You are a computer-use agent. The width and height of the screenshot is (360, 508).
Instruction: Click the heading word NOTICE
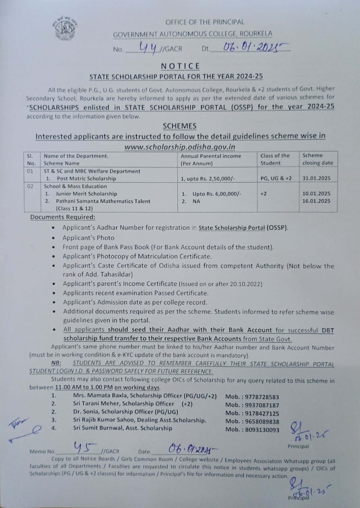[x=180, y=66]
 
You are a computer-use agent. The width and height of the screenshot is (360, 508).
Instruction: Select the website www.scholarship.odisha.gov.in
[x=180, y=146]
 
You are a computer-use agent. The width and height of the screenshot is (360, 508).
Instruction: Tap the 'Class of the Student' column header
[x=275, y=159]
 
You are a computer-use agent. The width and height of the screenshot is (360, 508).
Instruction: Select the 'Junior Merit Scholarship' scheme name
[x=86, y=194]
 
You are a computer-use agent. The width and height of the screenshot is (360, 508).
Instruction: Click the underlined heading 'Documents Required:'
[x=63, y=217]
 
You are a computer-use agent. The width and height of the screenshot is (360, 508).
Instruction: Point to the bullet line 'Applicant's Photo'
[x=83, y=238]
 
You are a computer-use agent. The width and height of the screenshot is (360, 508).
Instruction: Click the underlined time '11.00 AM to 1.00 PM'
[x=84, y=387]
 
